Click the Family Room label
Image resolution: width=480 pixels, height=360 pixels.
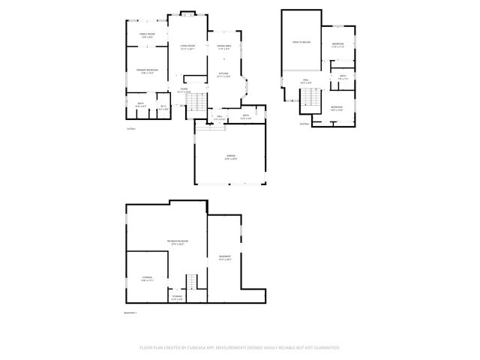[147, 34]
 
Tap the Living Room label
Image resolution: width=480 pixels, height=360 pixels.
[187, 46]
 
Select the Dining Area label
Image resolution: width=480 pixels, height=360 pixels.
[223, 46]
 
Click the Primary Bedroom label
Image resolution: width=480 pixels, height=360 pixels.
[145, 70]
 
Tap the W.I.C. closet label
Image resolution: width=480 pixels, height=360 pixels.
[163, 105]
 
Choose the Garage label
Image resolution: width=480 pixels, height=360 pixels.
[230, 157]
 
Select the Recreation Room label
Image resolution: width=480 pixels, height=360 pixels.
[178, 241]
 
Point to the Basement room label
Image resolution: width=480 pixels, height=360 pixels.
[224, 258]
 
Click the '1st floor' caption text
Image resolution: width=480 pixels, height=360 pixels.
[131, 128]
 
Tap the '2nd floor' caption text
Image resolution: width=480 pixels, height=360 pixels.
[304, 124]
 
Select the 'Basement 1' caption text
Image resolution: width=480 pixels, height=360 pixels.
[130, 313]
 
